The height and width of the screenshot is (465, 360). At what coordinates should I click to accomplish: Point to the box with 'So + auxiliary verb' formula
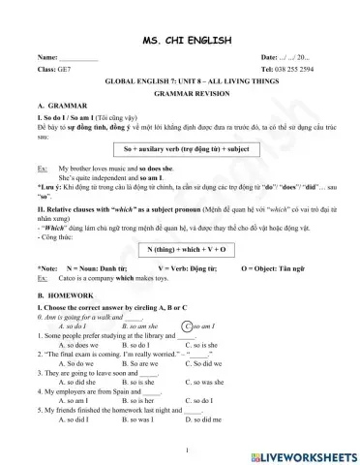point(180,149)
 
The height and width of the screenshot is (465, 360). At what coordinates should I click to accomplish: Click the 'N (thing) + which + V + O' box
point(180,249)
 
